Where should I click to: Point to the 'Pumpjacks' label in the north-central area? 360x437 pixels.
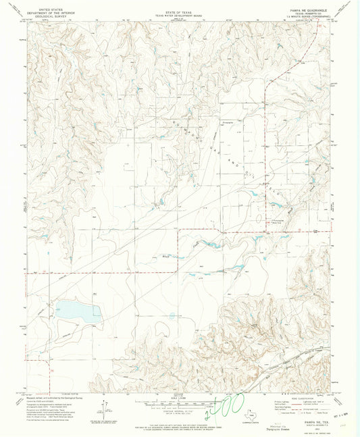(232, 123)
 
